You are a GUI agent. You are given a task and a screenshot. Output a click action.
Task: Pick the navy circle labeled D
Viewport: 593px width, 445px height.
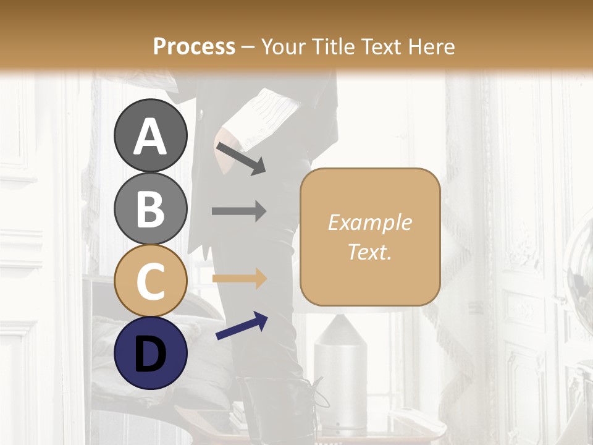pyautogui.click(x=150, y=354)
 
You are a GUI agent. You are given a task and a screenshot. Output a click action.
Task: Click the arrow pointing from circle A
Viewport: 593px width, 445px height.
pyautogui.click(x=241, y=158)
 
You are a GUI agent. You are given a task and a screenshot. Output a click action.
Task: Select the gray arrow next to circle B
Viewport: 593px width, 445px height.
pyautogui.click(x=239, y=211)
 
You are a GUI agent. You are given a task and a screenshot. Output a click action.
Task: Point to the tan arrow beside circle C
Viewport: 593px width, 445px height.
pyautogui.click(x=239, y=278)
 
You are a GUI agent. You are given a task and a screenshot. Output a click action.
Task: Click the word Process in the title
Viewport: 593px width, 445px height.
pyautogui.click(x=194, y=46)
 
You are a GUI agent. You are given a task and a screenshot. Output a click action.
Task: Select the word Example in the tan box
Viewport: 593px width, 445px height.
pyautogui.click(x=369, y=222)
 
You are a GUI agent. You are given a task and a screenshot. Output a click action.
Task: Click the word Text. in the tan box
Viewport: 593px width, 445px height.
pyautogui.click(x=369, y=252)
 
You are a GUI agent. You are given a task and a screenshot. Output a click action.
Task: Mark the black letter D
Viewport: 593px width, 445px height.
pyautogui.click(x=150, y=354)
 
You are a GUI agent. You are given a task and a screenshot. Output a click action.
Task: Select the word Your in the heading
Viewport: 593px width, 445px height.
pyautogui.click(x=284, y=46)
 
